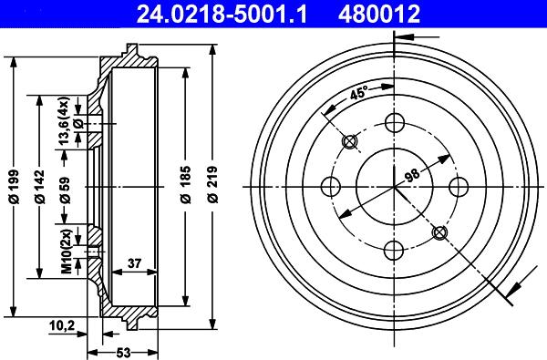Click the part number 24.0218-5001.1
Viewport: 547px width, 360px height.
[222, 14]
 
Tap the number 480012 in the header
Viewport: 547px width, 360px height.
[379, 14]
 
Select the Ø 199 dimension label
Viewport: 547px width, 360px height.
[15, 187]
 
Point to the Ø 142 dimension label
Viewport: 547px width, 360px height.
[40, 187]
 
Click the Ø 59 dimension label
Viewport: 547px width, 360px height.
[65, 190]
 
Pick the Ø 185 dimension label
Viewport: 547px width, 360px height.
[186, 184]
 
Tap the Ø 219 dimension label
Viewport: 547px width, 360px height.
[212, 184]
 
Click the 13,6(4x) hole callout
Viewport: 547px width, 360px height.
[65, 120]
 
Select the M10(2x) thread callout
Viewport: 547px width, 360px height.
[67, 251]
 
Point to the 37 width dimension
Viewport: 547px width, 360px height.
[134, 263]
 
